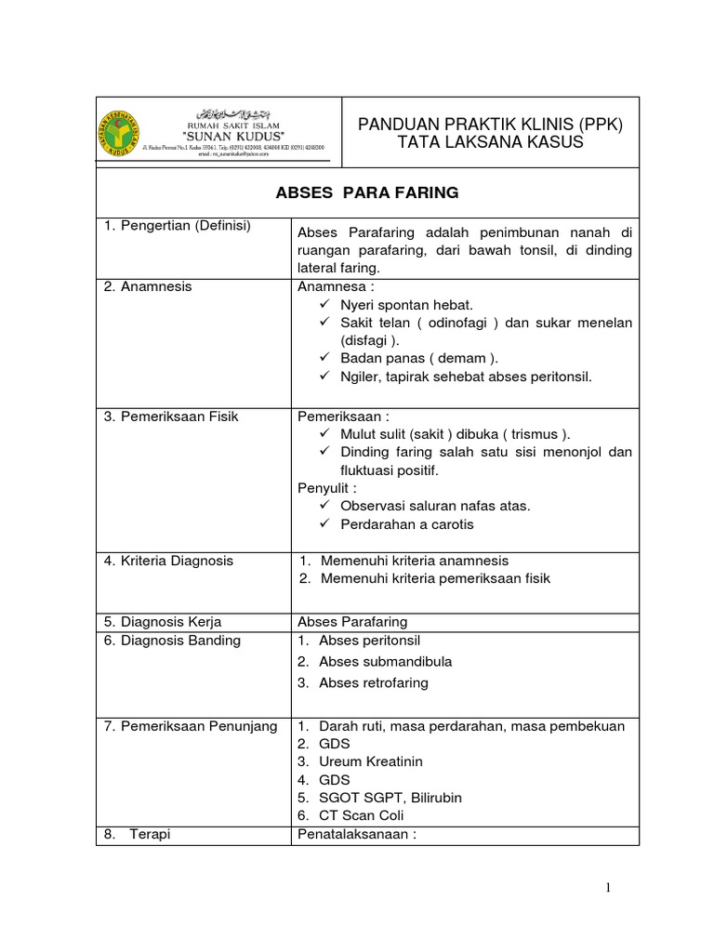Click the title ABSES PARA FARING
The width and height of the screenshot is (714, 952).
point(367,193)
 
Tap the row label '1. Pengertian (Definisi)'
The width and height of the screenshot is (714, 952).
point(178,226)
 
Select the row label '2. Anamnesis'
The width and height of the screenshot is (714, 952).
point(148,286)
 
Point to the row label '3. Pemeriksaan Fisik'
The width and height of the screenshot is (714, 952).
point(171,416)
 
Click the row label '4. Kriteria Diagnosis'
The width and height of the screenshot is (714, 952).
point(168,561)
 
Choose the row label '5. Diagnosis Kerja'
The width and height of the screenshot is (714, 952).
point(162,622)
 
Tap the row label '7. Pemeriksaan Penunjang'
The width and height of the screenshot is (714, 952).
point(190,726)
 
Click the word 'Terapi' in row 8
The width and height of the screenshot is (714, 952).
point(150,835)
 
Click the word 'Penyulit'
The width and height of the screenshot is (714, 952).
point(324,488)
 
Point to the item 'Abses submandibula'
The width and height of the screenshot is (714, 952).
point(386,662)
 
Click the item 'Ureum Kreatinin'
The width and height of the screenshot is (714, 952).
point(371,761)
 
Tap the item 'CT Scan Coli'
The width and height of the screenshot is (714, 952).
point(362,815)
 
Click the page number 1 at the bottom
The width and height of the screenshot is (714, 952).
point(608,889)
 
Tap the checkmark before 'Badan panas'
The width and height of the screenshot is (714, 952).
point(324,359)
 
